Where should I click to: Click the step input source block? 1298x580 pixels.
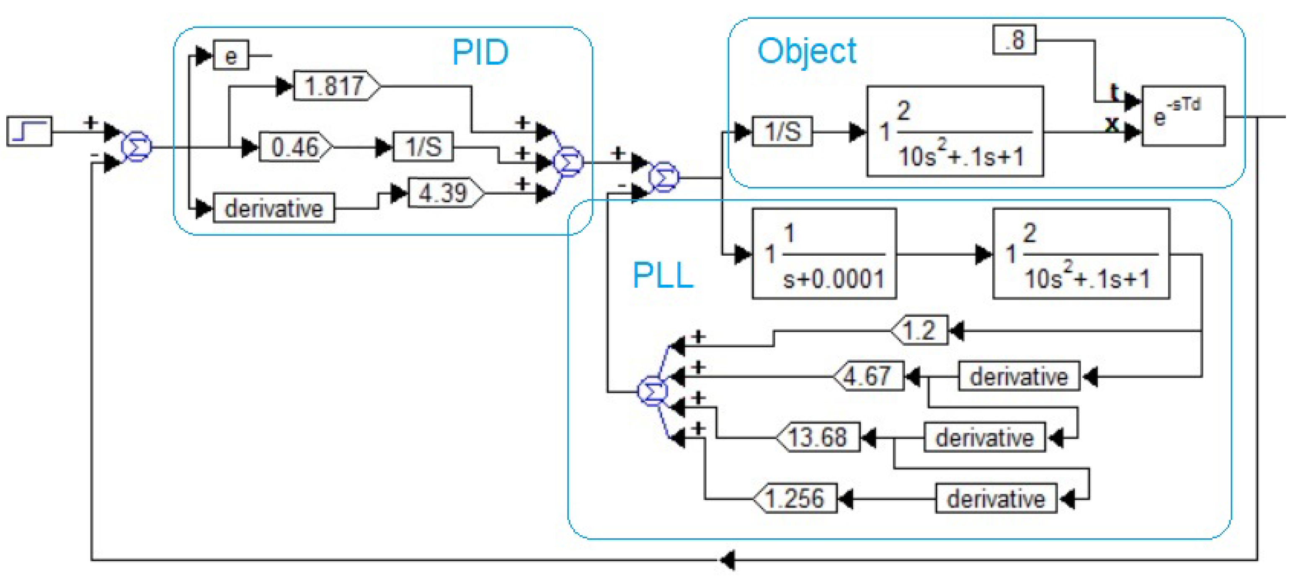click(29, 131)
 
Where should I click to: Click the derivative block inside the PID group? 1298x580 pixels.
click(274, 208)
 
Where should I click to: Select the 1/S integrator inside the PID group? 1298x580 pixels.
click(423, 147)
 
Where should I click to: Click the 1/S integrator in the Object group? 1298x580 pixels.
click(782, 132)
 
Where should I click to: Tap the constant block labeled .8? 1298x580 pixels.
click(1015, 40)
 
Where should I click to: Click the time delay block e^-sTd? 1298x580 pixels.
click(1183, 116)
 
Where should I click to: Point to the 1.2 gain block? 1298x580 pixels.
click(920, 331)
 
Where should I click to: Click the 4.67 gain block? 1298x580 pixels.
click(869, 376)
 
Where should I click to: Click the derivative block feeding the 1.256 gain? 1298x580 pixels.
click(996, 499)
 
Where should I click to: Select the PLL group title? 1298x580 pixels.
click(663, 276)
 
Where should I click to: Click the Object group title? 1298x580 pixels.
click(806, 51)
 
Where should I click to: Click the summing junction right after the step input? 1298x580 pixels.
click(136, 147)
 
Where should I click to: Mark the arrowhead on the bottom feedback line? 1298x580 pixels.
click(727, 560)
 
